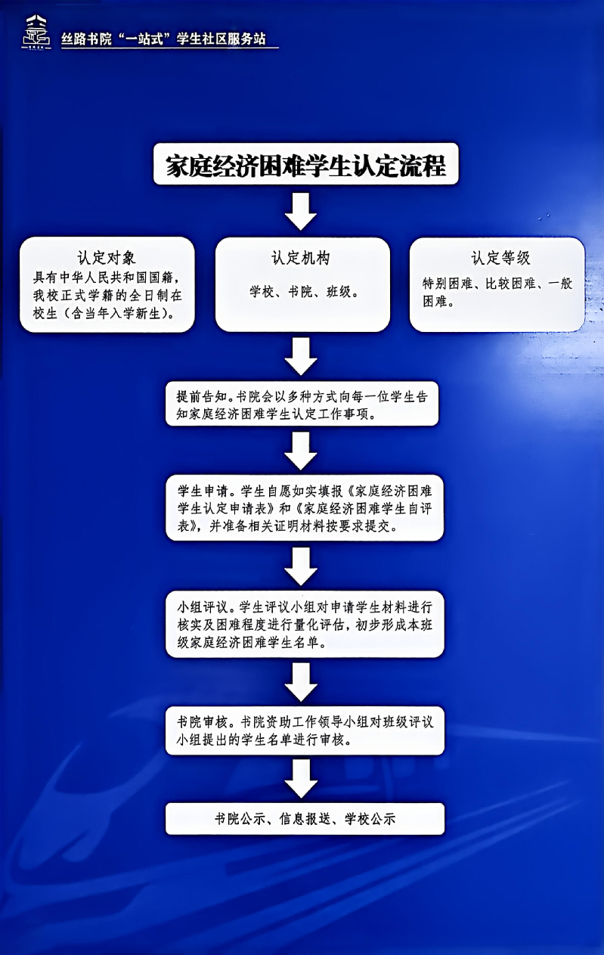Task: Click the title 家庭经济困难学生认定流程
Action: (306, 166)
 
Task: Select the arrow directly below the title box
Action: (302, 212)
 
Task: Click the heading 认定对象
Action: (107, 257)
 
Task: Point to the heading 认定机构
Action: (301, 257)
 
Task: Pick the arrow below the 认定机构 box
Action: (302, 355)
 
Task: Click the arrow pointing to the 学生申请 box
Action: (302, 451)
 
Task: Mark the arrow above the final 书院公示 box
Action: (302, 780)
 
